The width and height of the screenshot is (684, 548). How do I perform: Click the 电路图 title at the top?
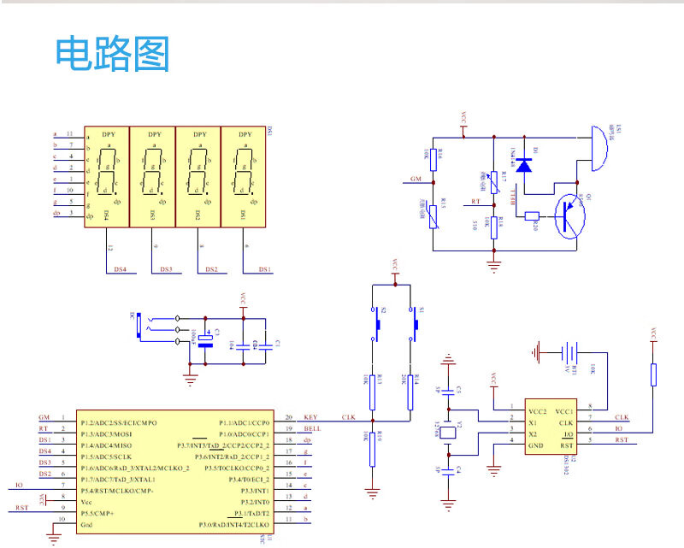pyautogui.click(x=113, y=54)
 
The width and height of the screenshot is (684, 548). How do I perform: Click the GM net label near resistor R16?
pyautogui.click(x=416, y=179)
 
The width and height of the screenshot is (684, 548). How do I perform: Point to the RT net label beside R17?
pyautogui.click(x=475, y=202)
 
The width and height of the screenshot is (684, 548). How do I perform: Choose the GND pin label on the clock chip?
pyautogui.click(x=535, y=446)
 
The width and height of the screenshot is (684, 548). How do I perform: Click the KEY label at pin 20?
pyautogui.click(x=310, y=417)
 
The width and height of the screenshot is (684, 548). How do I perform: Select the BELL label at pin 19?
pyautogui.click(x=312, y=428)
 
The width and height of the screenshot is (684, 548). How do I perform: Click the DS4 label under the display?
pyautogui.click(x=120, y=269)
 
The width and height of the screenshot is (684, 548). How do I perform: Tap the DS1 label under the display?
pyautogui.click(x=265, y=269)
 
